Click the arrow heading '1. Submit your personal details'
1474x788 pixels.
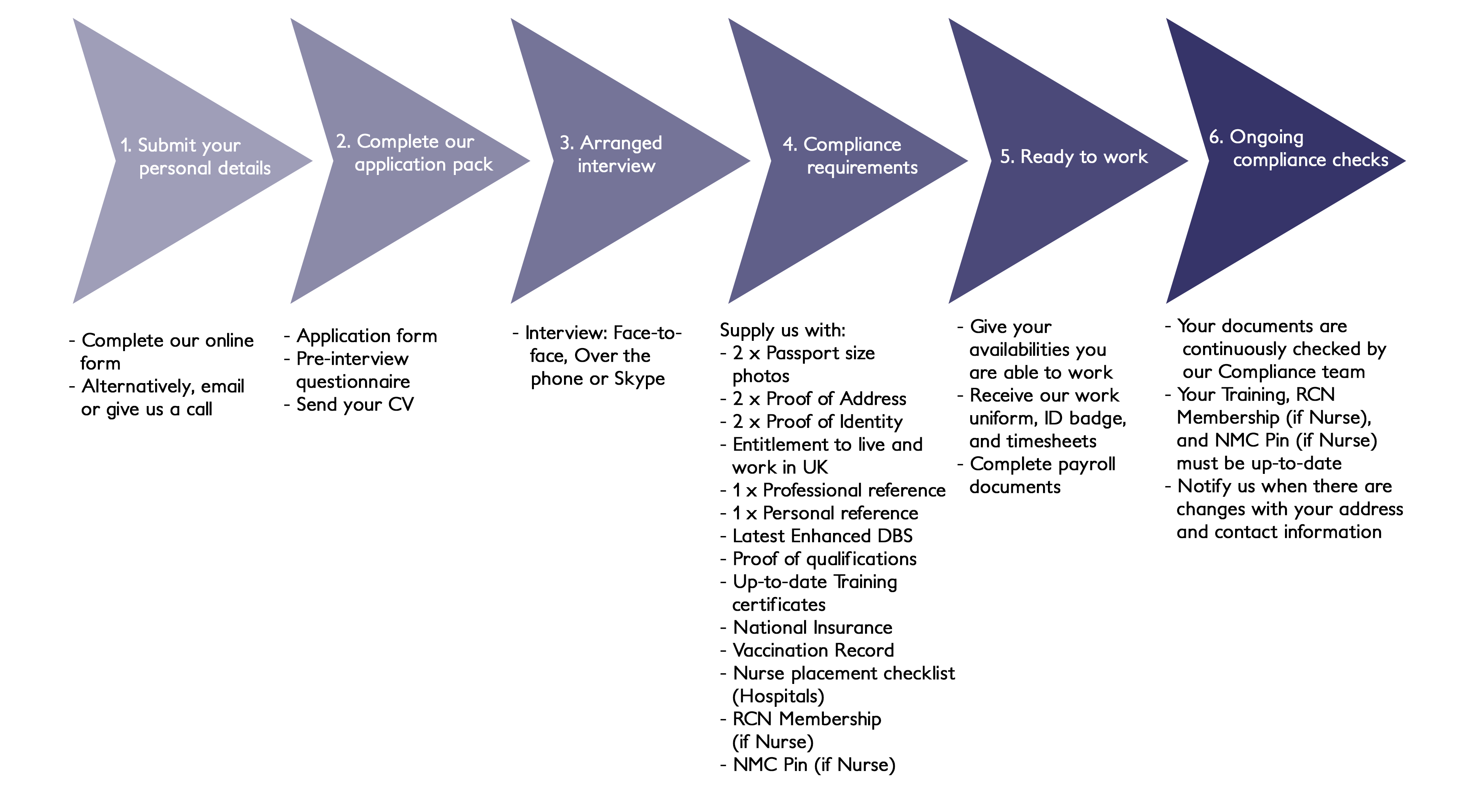point(195,156)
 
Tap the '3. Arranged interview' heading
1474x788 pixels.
point(612,154)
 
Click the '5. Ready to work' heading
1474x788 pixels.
point(1073,156)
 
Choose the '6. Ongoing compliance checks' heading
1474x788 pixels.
point(1298,148)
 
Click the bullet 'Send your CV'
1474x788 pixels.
point(355,404)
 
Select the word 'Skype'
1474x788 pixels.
point(639,379)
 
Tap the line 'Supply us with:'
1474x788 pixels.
point(782,330)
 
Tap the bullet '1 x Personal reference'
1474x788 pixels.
point(825,513)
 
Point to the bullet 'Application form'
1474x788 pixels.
point(366,336)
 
